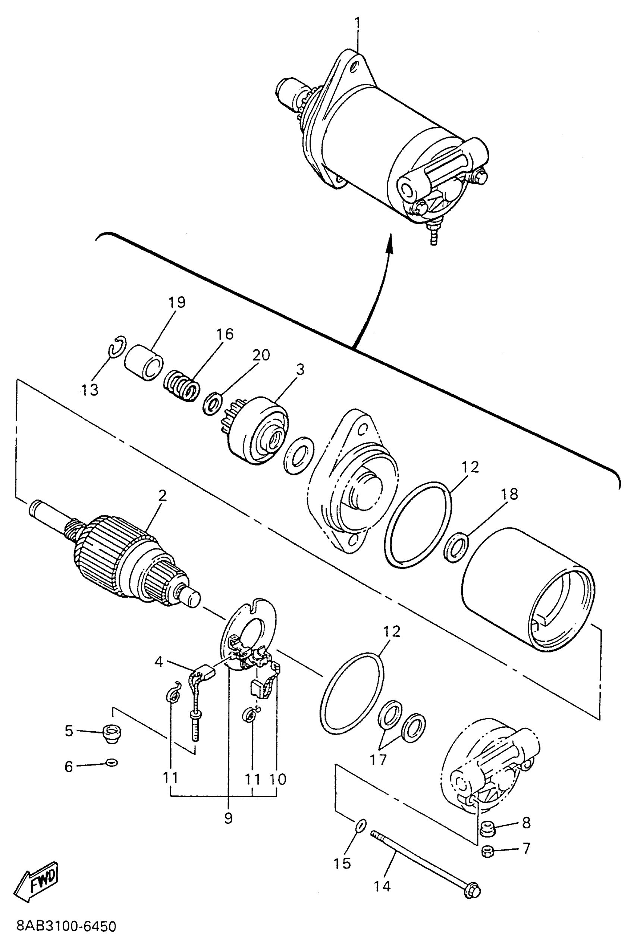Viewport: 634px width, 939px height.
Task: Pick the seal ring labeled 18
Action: pos(456,548)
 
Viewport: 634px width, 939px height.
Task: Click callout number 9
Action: pos(228,818)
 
